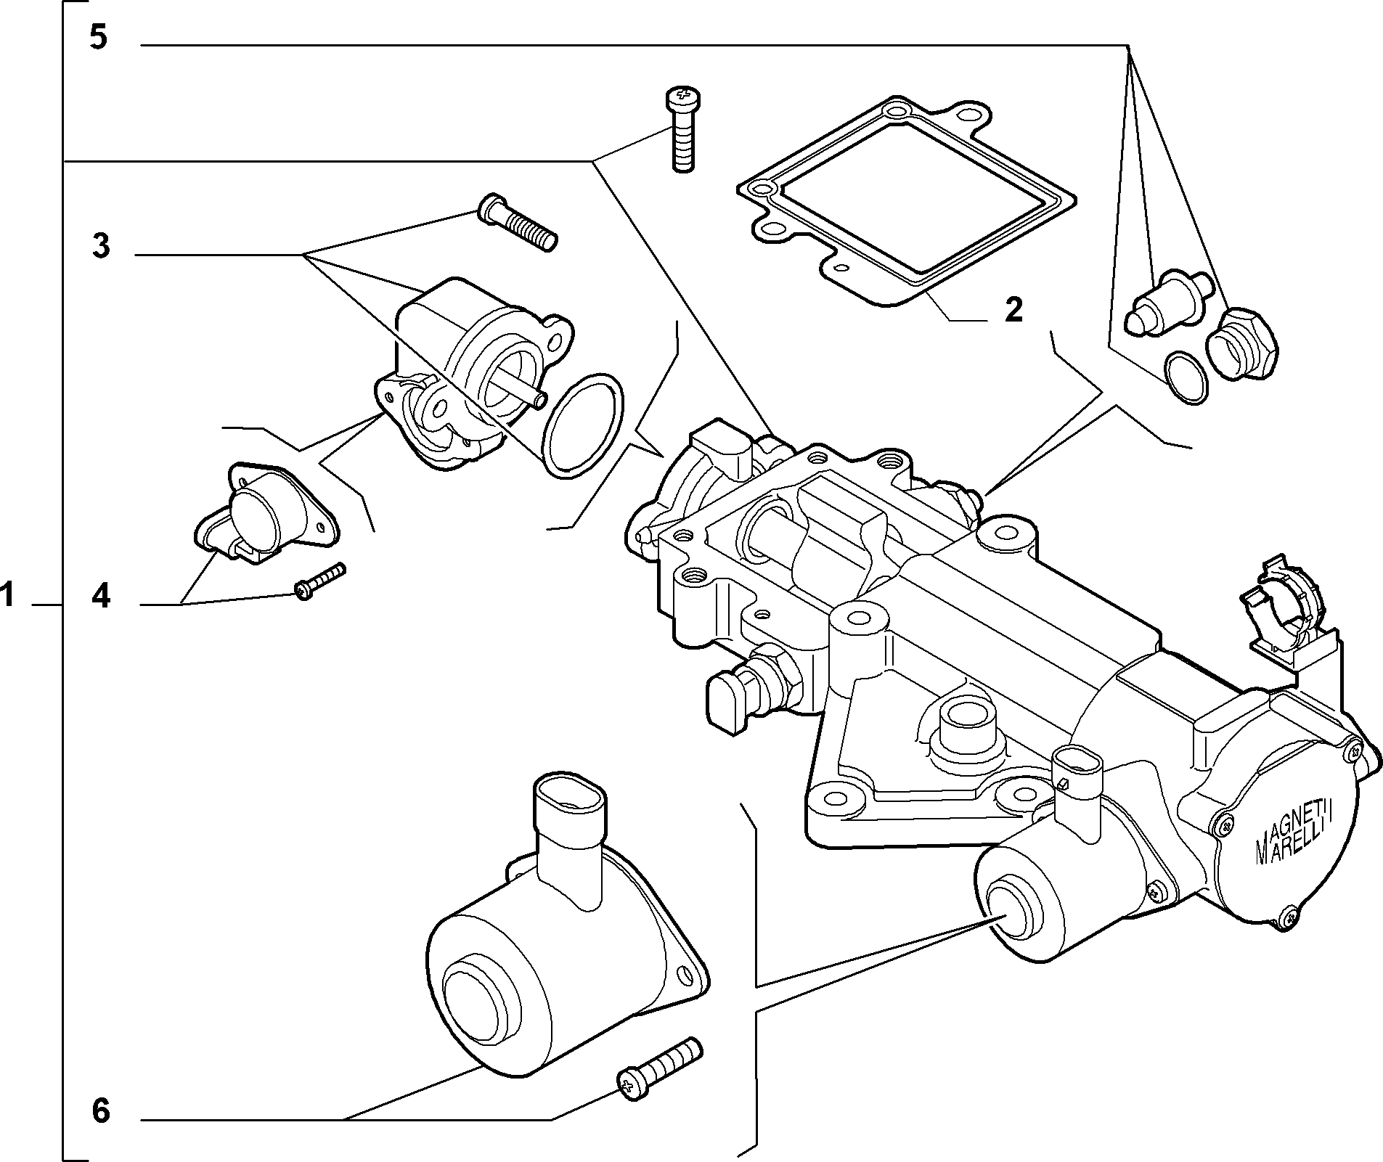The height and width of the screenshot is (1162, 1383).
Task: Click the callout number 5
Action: (x=99, y=38)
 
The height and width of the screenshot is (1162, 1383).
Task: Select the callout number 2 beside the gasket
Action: (x=1013, y=310)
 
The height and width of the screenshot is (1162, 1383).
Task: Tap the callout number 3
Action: (x=101, y=246)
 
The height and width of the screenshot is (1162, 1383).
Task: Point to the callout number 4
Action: (x=101, y=596)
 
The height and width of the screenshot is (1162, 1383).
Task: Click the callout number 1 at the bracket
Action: (x=7, y=596)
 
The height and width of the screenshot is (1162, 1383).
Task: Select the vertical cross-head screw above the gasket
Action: (x=683, y=129)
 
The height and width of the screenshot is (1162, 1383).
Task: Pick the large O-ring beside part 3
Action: (x=583, y=425)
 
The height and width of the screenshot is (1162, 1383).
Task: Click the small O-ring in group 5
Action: (x=1185, y=376)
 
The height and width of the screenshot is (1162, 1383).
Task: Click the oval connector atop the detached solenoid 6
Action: (x=569, y=798)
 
